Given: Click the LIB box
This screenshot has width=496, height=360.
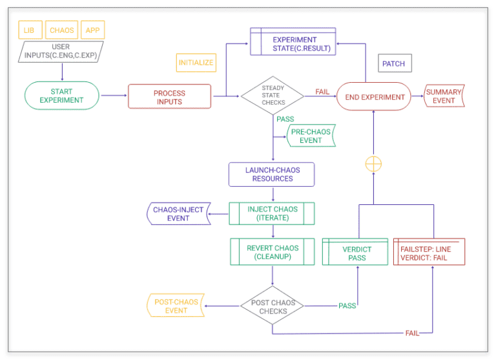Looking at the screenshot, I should coord(30,30).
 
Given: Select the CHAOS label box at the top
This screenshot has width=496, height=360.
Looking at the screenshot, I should coord(62,30).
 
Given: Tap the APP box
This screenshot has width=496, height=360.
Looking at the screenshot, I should coord(94,30).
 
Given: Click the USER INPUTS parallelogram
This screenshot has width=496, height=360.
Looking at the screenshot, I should coord(61,51).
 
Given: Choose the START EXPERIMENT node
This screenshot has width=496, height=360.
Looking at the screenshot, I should coord(61,96).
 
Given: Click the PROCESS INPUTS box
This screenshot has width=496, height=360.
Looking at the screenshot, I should coord(169,96).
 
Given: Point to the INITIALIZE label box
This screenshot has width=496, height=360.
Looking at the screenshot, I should coord(196,63).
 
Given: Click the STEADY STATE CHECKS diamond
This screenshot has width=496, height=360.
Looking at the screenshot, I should coord(272,96).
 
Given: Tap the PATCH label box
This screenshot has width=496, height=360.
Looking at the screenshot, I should coord(395,64).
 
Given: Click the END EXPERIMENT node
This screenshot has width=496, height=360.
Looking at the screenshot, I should coord(375,97).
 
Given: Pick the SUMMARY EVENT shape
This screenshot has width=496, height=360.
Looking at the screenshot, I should coord(444,97).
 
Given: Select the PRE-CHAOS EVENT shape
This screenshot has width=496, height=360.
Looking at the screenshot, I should coord(311,136).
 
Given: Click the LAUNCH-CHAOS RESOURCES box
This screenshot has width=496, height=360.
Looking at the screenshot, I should coord(272,174).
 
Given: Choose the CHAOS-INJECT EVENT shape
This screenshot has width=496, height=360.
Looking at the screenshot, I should coord(178,214).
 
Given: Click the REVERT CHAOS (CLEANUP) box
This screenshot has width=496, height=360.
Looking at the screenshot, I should coord(272,252).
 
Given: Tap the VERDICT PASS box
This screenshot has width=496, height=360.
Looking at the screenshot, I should coord(356,253).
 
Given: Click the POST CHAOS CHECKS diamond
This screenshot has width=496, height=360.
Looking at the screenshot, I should coord(272,306).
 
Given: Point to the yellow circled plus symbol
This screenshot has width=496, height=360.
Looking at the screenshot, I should coord(373,164).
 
